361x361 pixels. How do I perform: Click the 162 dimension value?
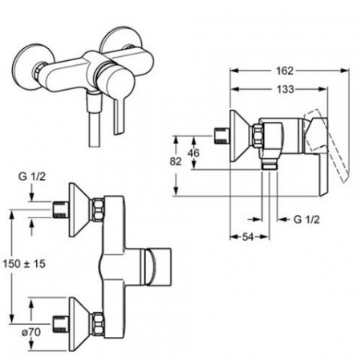[x=285, y=71]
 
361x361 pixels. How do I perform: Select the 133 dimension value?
[x=285, y=89]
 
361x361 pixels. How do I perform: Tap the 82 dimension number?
[x=176, y=161]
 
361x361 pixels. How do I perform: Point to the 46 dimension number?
[x=193, y=153]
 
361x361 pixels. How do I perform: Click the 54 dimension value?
[x=248, y=237]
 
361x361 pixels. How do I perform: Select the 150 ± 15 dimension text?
[x=24, y=264]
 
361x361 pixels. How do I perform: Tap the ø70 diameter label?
[x=31, y=332]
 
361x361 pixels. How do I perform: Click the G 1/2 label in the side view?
[x=306, y=220]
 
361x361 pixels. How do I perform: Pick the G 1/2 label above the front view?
[x=32, y=176]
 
